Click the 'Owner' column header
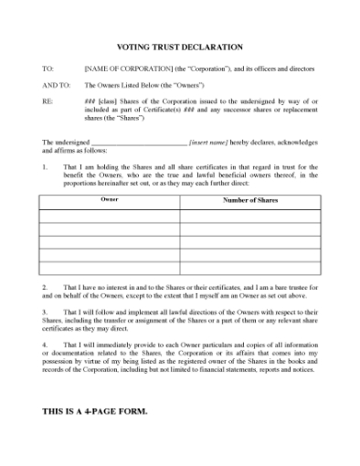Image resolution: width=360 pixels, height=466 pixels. point(109,199)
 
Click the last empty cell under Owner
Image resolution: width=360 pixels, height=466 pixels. point(110,268)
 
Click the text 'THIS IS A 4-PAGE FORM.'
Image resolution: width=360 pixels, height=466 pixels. point(95,411)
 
